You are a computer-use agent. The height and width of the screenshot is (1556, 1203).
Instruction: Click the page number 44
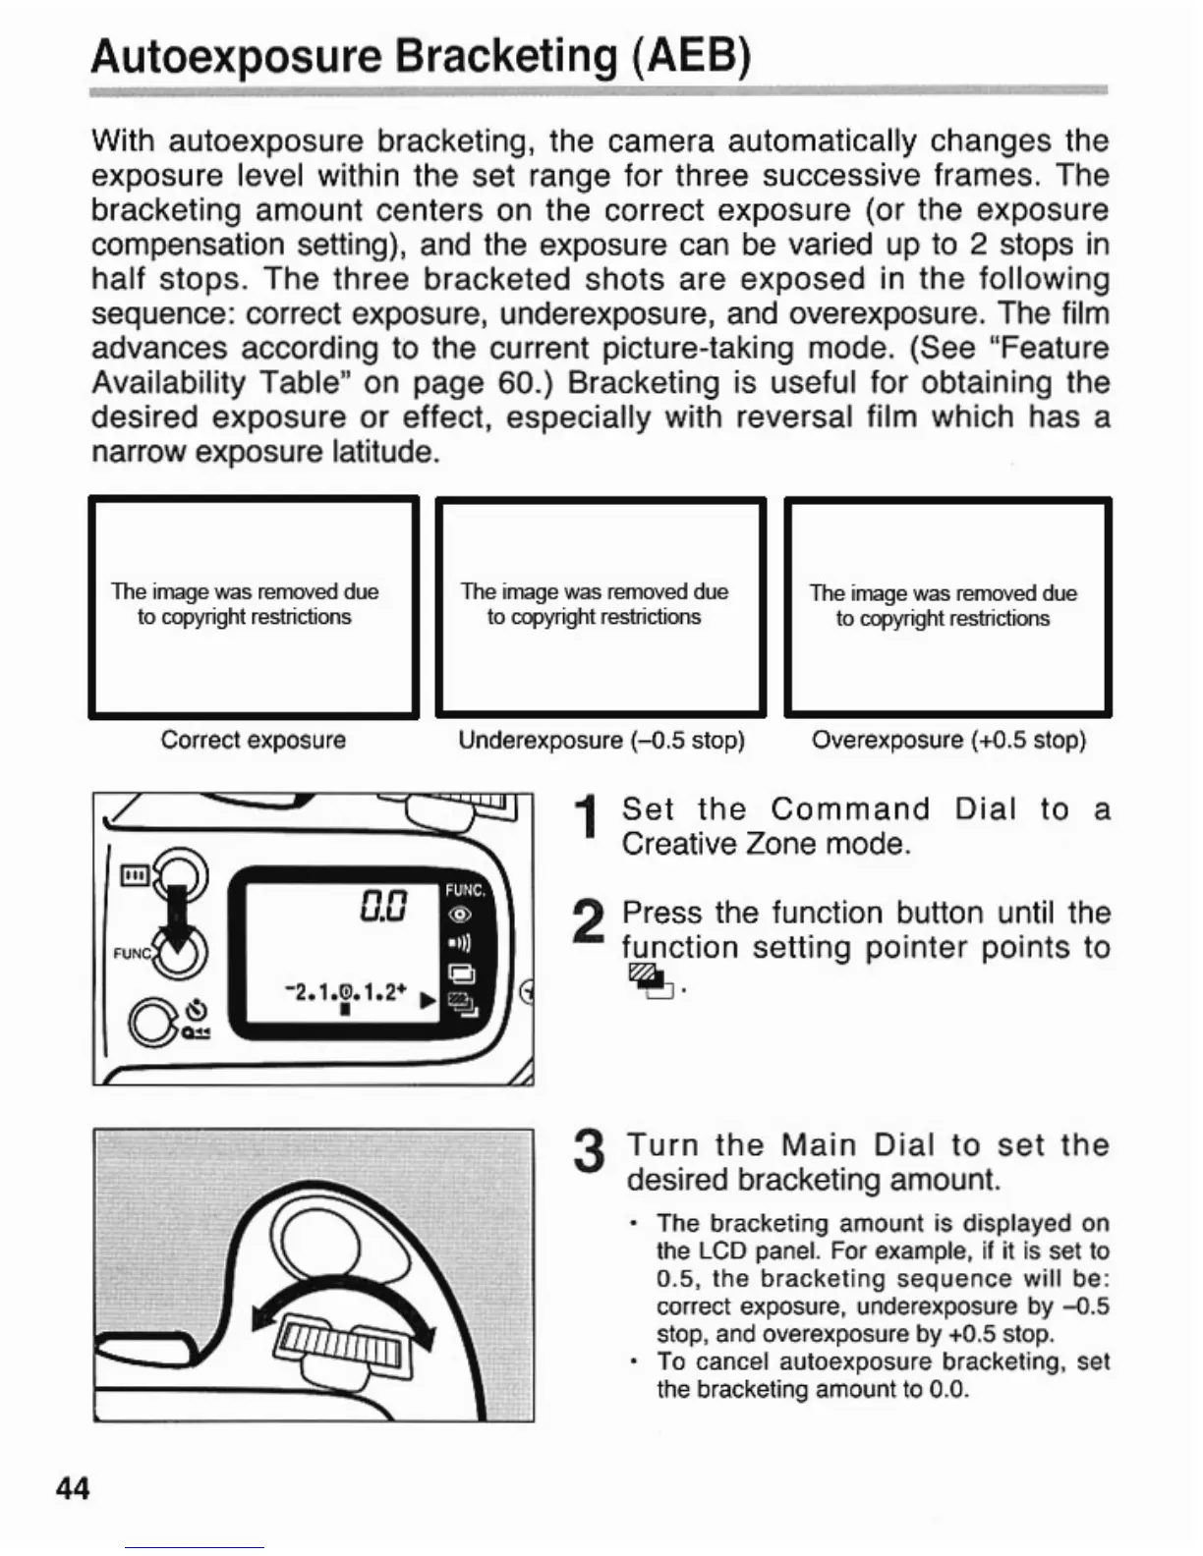73,1488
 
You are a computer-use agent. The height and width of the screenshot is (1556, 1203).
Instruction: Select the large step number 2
588,924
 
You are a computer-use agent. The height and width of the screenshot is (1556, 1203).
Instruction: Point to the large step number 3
588,1151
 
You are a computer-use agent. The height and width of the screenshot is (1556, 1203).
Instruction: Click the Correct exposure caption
253,740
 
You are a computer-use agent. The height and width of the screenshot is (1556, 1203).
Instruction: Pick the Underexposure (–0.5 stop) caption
601,740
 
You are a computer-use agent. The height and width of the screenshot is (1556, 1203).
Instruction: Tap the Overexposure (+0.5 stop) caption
948,740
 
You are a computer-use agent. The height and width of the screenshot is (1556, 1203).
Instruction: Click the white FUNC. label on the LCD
465,890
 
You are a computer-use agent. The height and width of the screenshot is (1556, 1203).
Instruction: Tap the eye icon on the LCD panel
459,915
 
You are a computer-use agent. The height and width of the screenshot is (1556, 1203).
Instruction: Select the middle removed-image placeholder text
595,604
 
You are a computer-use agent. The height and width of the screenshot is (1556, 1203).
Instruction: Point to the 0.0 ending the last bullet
948,1389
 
